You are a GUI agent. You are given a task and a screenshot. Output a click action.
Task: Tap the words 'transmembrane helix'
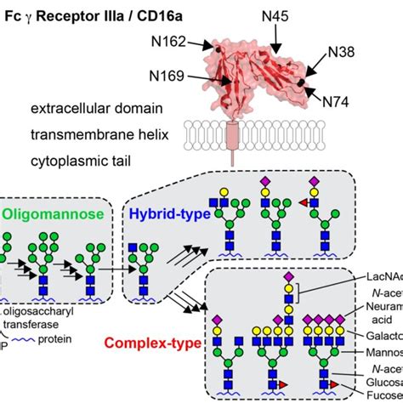tap(97, 133)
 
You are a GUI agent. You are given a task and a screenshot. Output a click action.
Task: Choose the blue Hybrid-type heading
tap(167, 216)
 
